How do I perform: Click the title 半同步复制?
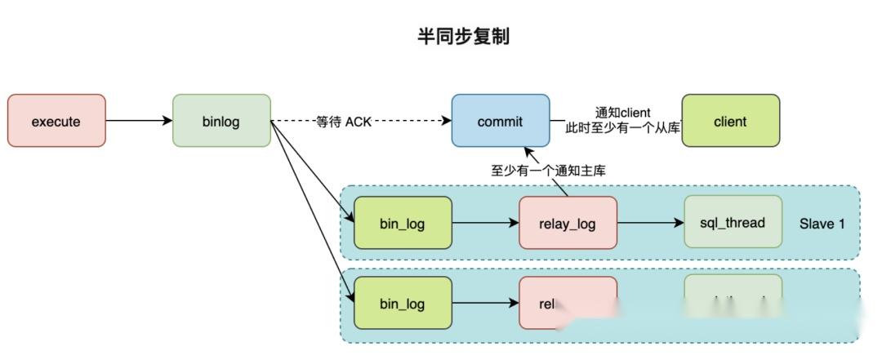463,37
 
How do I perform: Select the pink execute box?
56,121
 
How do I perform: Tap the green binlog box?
221,121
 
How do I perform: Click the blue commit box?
500,121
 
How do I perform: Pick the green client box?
730,121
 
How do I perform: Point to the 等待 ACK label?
343,122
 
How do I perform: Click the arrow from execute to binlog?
139,121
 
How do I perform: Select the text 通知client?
624,113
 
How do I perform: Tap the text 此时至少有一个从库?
623,128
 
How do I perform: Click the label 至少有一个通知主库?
547,170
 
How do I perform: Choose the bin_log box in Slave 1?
403,223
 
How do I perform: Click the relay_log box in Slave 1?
568,223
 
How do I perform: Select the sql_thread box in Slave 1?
733,222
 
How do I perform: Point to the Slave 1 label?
822,223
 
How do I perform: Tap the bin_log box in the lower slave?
403,303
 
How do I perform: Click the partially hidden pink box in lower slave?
555,302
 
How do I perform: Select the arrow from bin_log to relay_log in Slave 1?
485,223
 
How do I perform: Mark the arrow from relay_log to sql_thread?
650,223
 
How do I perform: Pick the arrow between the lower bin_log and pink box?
485,303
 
